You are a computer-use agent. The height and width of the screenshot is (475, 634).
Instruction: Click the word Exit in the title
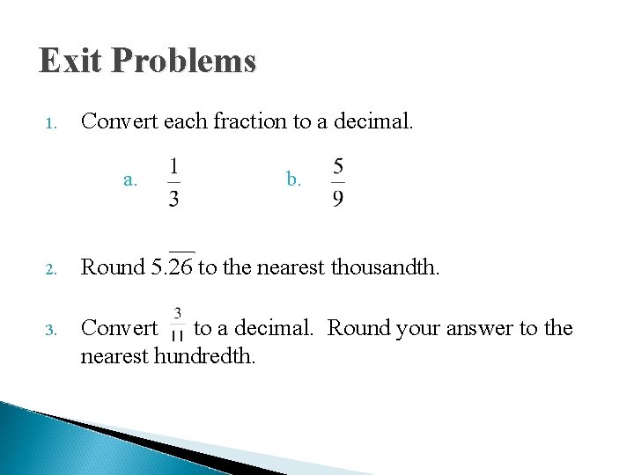tap(70, 61)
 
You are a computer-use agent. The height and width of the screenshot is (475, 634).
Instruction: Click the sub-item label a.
tap(130, 180)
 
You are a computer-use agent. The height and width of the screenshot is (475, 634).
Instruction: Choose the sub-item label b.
tap(293, 180)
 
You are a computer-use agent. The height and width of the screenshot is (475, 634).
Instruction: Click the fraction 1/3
tap(173, 182)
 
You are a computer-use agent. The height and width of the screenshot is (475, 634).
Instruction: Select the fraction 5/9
tap(338, 182)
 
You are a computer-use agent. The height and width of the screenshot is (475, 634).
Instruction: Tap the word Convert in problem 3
tap(118, 329)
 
